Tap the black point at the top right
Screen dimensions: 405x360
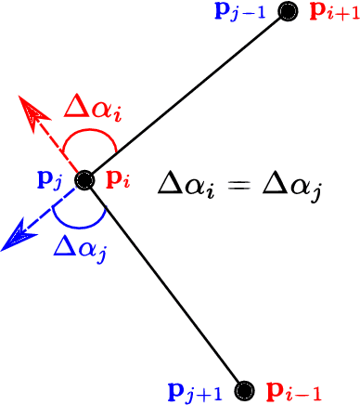click(289, 12)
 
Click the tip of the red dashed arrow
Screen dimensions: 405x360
click(25, 102)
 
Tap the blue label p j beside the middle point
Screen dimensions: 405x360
click(50, 179)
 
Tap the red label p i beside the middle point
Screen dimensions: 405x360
click(115, 179)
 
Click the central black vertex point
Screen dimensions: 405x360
click(84, 180)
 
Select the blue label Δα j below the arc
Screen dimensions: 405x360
click(79, 249)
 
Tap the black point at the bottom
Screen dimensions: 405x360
click(244, 389)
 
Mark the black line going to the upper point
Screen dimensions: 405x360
click(186, 97)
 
